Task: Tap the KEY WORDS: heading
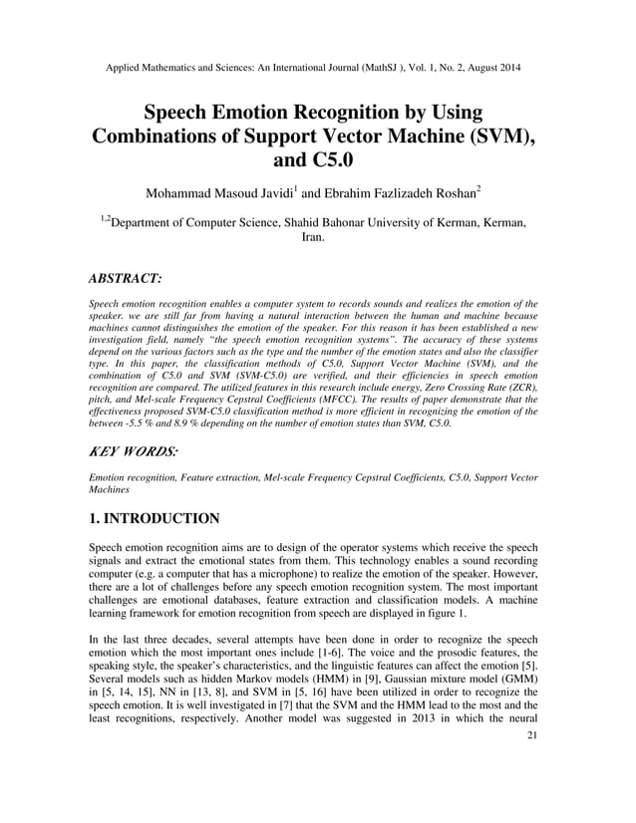tap(134, 452)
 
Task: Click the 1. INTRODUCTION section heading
tap(155, 518)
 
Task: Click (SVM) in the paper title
tap(499, 135)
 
